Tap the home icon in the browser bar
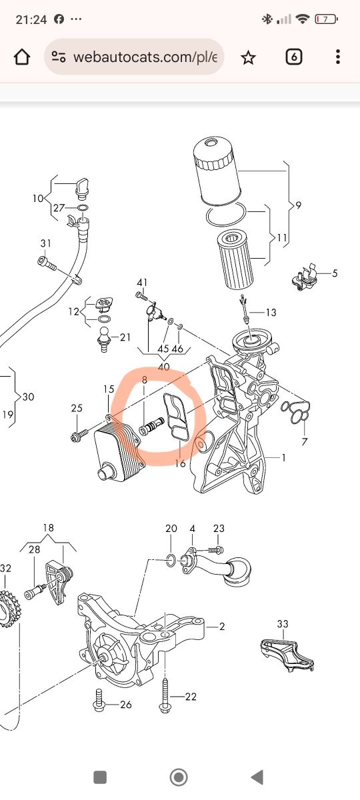(22, 57)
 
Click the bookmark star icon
(248, 57)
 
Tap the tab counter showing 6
(293, 57)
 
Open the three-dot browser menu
(338, 57)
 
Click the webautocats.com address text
(145, 57)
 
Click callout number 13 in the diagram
(271, 313)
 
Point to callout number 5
(335, 273)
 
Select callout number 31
(46, 243)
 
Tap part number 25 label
(77, 408)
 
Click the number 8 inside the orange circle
(144, 380)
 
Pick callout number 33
(283, 624)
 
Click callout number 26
(126, 705)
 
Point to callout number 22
(191, 697)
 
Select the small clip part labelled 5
(305, 277)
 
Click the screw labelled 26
(99, 701)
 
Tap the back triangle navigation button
(257, 777)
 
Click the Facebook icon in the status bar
(59, 19)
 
